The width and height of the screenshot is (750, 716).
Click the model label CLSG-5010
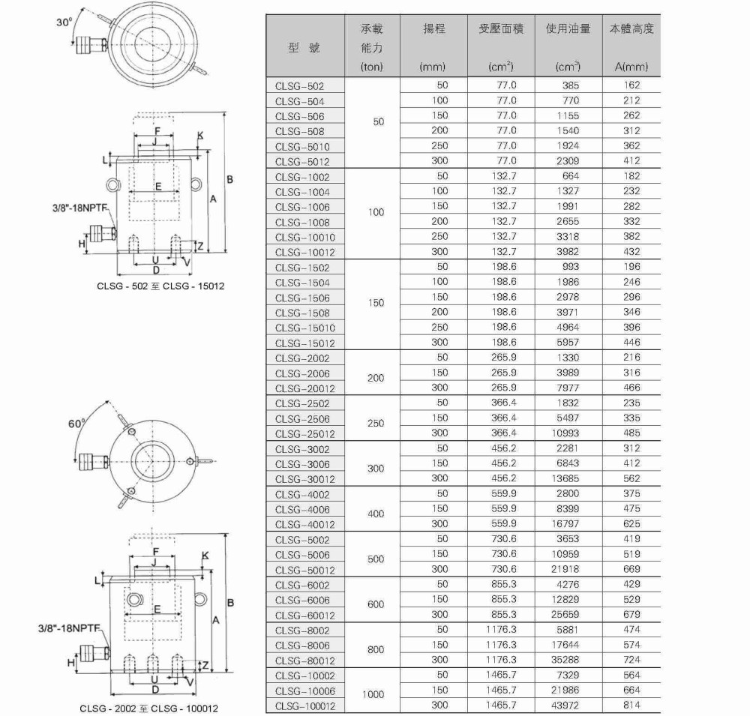tap(302, 146)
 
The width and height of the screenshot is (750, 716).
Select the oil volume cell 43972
tap(566, 706)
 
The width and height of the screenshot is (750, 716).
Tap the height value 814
tap(631, 706)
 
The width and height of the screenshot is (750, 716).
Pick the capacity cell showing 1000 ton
tap(373, 694)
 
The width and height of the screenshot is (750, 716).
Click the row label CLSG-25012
tap(305, 433)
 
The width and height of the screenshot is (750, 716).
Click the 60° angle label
tap(76, 424)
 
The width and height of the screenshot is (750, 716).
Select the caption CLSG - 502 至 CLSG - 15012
tap(160, 286)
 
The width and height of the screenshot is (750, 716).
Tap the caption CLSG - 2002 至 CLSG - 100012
tap(149, 708)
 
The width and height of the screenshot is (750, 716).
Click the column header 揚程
tap(434, 29)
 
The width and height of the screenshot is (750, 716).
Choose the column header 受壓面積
tap(501, 29)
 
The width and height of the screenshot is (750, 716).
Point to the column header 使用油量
tap(568, 29)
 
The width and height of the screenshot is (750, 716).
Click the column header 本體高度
tap(631, 29)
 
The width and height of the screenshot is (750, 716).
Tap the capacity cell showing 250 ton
tap(375, 423)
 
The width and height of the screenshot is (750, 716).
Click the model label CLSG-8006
tap(302, 646)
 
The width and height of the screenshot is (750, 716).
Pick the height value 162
tap(631, 85)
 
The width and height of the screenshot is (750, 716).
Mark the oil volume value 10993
tap(566, 433)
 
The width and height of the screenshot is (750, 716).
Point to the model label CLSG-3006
tap(302, 464)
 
